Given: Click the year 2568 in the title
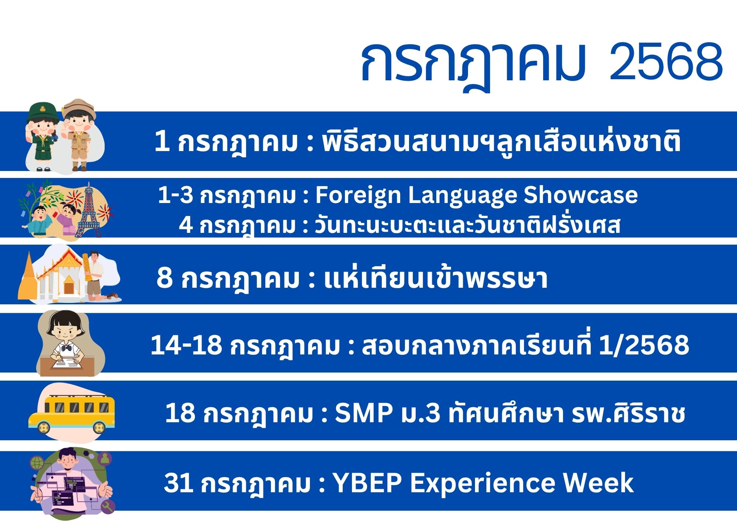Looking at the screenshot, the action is click(x=666, y=62).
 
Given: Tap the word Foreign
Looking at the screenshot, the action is click(x=358, y=196).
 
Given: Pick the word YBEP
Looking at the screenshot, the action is click(x=367, y=482).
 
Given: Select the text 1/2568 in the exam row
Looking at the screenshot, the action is click(x=644, y=345).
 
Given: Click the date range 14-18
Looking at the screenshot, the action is click(x=186, y=345).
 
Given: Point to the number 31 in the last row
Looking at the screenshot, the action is click(x=178, y=482).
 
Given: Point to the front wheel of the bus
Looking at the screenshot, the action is click(x=44, y=428).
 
